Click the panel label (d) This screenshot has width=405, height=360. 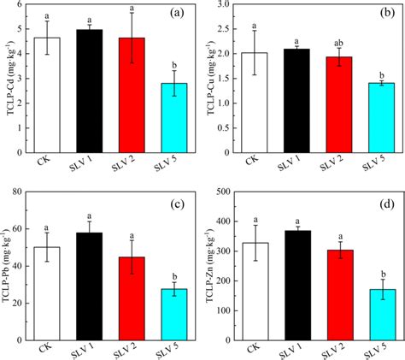tap(383, 204)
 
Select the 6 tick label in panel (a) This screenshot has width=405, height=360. tap(29, 6)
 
